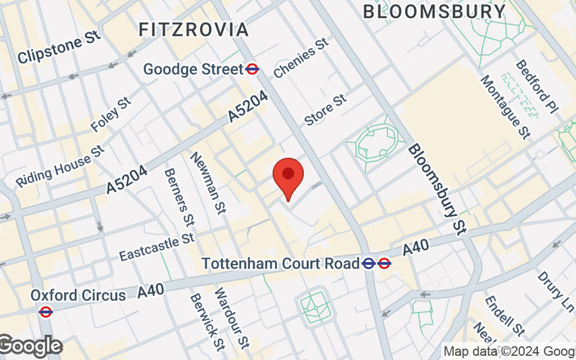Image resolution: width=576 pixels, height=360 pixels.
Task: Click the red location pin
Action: [x=288, y=178]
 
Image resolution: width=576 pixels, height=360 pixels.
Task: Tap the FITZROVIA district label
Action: [x=193, y=30]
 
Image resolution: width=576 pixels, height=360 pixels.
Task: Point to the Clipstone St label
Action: [x=58, y=50]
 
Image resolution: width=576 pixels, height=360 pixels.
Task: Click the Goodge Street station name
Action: [x=193, y=69]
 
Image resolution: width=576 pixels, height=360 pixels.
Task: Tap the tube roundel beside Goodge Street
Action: [x=252, y=69]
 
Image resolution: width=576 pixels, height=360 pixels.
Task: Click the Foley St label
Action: [x=110, y=115]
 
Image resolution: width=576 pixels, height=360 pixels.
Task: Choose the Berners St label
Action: [x=179, y=195]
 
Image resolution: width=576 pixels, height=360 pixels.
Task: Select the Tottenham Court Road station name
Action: [x=280, y=263]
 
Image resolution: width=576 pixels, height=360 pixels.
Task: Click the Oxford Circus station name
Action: [x=78, y=294]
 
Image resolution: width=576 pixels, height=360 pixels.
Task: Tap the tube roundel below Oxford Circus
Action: [x=45, y=312]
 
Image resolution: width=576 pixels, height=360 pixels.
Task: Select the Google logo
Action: [x=30, y=346]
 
